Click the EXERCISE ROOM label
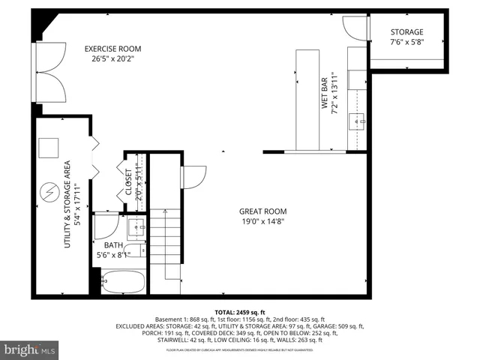[112, 49]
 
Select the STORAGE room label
[407, 32]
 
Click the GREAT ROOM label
[262, 211]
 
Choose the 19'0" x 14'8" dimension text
[262, 222]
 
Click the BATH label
[113, 245]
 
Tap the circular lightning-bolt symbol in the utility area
[50, 191]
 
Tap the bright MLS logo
[30, 349]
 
